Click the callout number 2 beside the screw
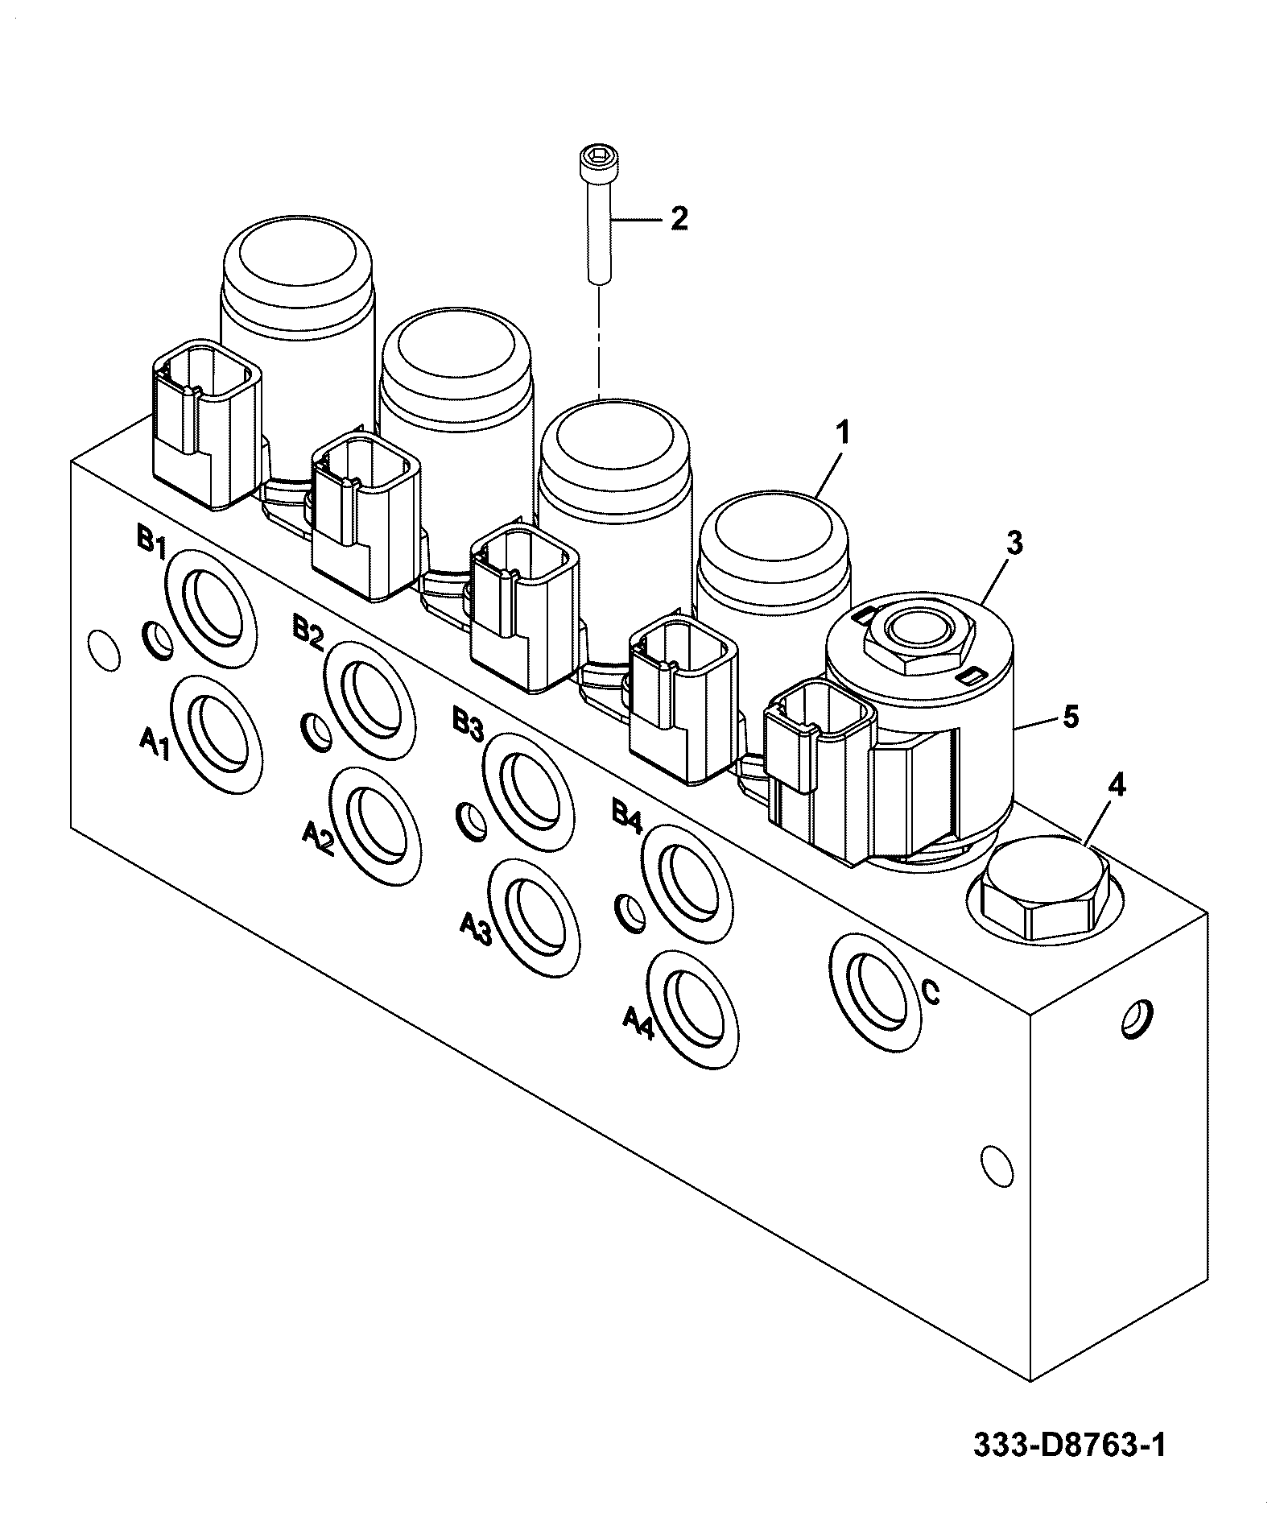[x=679, y=218]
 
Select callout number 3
[x=1014, y=544]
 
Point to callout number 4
[x=1117, y=786]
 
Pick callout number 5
[x=1071, y=716]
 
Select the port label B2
[x=308, y=631]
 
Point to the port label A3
[x=476, y=929]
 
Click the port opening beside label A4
[x=692, y=1011]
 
